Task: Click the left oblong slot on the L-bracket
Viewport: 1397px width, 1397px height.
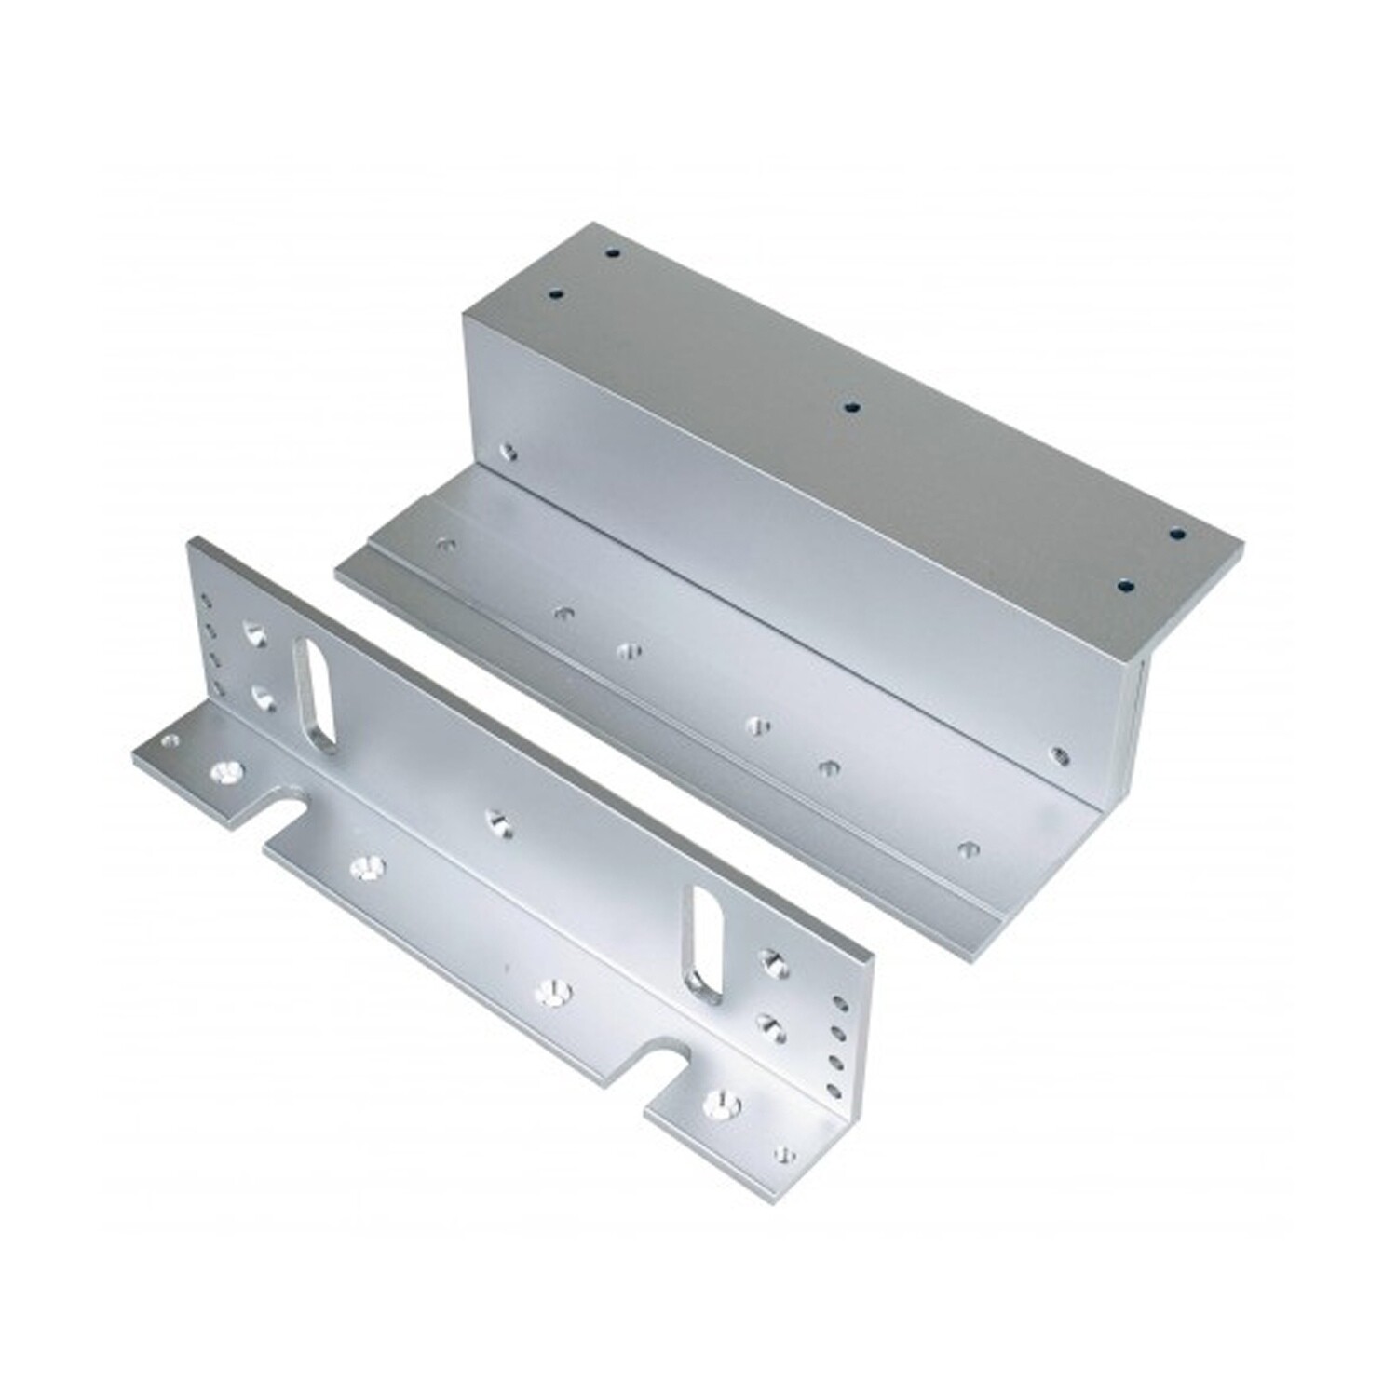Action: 315,694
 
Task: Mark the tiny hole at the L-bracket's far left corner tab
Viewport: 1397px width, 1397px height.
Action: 170,742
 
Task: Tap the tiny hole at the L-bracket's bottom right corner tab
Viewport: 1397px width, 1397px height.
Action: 785,1155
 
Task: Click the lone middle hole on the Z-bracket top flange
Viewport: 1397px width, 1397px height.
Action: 849,407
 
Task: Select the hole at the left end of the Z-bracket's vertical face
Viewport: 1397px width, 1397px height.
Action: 508,452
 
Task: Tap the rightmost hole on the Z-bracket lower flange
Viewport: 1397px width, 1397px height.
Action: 968,848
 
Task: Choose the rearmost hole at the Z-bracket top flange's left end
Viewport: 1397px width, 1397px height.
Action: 612,252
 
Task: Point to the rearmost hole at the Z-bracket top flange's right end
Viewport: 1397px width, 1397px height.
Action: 1177,535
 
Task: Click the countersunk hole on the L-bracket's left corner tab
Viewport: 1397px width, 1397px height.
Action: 226,771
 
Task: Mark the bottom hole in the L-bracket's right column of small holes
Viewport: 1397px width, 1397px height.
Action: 834,1090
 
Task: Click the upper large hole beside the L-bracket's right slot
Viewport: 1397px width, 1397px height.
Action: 771,963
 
